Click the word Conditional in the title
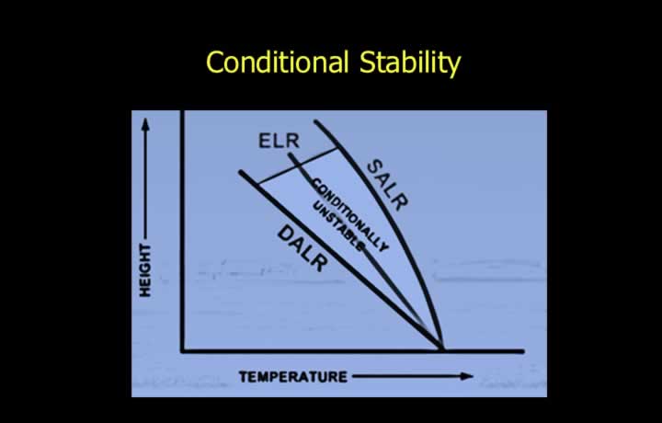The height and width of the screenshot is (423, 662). pyautogui.click(x=278, y=62)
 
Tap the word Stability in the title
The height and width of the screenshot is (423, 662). pyautogui.click(x=410, y=63)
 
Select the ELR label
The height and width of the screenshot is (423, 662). pyautogui.click(x=280, y=141)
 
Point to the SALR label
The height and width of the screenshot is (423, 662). pyautogui.click(x=388, y=185)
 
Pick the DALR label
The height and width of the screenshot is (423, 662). pyautogui.click(x=302, y=248)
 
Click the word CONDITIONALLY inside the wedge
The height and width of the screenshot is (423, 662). pyautogui.click(x=350, y=215)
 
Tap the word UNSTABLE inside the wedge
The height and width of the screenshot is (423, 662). pyautogui.click(x=337, y=226)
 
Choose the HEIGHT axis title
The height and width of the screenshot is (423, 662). pyautogui.click(x=145, y=270)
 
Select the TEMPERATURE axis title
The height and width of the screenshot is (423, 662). pyautogui.click(x=293, y=377)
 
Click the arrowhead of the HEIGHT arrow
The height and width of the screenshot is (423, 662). pyautogui.click(x=145, y=124)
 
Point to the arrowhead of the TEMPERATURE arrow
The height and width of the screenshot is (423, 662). pyautogui.click(x=466, y=376)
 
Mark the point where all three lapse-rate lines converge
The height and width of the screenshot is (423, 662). pyautogui.click(x=441, y=349)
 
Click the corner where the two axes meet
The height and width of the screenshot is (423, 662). pyautogui.click(x=183, y=350)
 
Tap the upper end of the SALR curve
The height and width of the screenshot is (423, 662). pyautogui.click(x=315, y=122)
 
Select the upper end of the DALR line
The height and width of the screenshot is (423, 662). pyautogui.click(x=241, y=172)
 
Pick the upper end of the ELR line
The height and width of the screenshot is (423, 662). pyautogui.click(x=291, y=154)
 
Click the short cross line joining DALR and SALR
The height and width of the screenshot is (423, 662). pyautogui.click(x=298, y=166)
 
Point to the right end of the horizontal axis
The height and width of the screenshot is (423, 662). pyautogui.click(x=522, y=350)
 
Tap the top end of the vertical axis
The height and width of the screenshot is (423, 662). pyautogui.click(x=183, y=112)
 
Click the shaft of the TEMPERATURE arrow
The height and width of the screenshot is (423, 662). pyautogui.click(x=406, y=376)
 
